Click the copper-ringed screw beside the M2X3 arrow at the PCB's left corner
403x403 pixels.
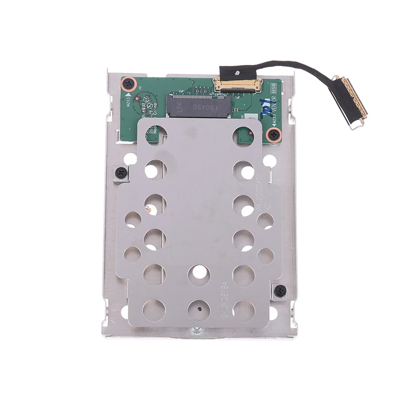(x=129, y=83)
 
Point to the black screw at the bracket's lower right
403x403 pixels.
(x=280, y=291)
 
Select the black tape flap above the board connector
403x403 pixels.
(x=234, y=72)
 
